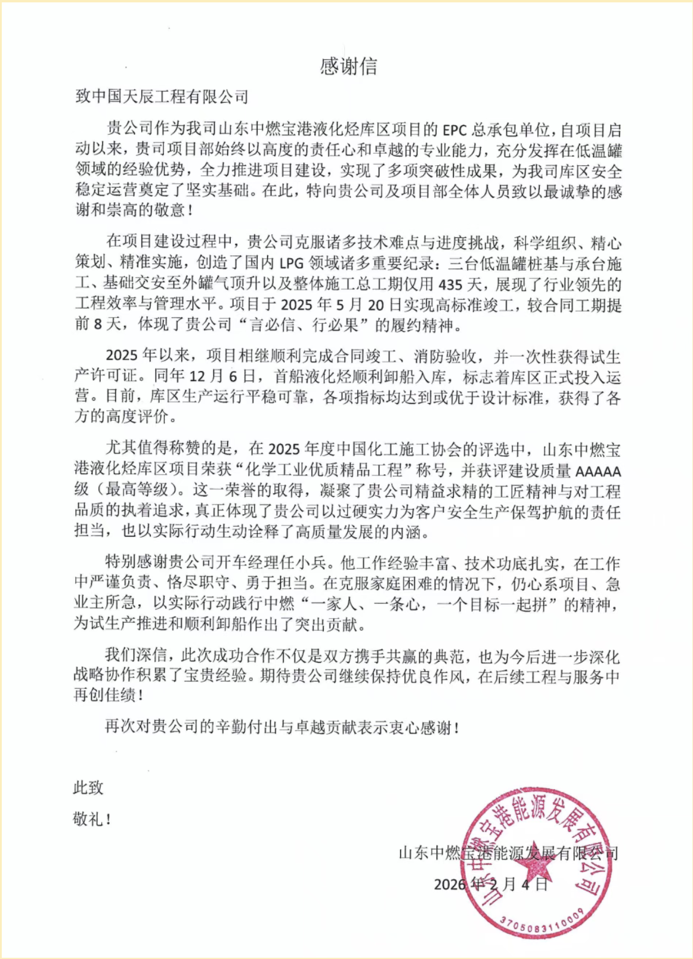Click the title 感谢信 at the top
[348, 66]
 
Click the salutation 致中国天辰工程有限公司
[161, 97]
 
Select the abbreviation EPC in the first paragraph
[455, 130]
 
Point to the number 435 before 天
[451, 283]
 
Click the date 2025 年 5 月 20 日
[341, 305]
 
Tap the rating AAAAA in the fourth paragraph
[598, 471]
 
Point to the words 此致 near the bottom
[88, 787]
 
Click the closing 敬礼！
[92, 819]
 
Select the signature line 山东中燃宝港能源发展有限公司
[508, 853]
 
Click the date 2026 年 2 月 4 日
[490, 884]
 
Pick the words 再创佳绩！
[108, 695]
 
